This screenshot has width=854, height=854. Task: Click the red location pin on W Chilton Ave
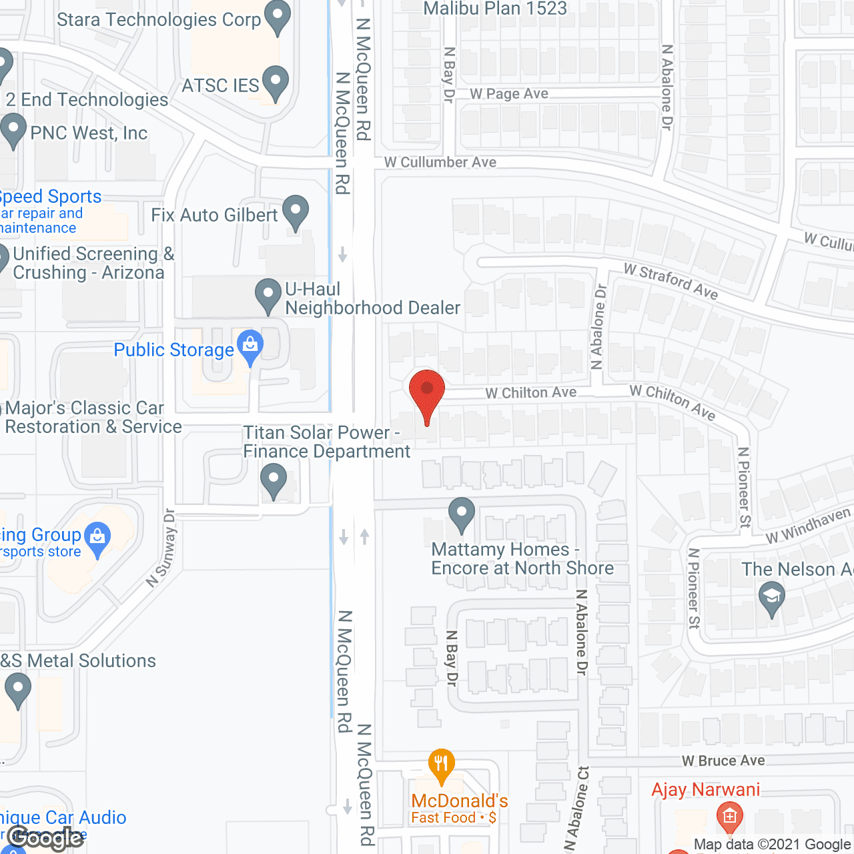click(427, 391)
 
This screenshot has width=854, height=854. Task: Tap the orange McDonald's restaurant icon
click(441, 764)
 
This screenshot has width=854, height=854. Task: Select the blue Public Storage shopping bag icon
click(250, 346)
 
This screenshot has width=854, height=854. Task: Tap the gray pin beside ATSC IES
click(276, 82)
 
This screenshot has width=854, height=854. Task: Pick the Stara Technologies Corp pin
click(278, 17)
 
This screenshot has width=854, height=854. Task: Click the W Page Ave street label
click(509, 94)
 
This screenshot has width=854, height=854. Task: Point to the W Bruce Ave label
click(723, 761)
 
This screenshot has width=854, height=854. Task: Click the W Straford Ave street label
click(671, 281)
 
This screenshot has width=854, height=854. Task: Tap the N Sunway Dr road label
click(161, 548)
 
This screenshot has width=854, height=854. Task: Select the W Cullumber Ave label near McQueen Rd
click(440, 162)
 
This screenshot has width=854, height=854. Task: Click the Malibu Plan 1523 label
click(495, 9)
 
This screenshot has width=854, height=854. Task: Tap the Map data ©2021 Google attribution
click(773, 845)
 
